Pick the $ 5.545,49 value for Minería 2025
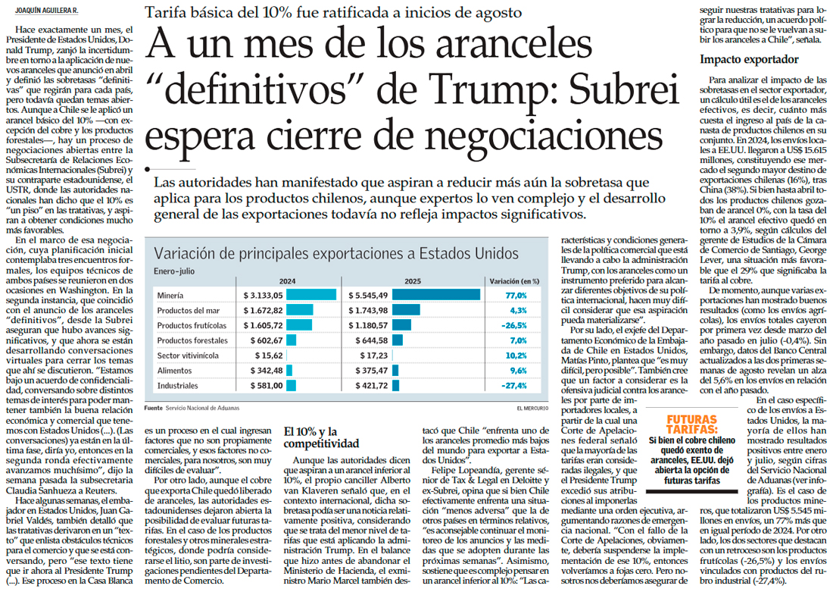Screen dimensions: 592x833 coord(370,295)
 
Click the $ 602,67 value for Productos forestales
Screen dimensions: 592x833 coord(264,340)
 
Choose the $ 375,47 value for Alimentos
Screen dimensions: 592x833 coord(370,371)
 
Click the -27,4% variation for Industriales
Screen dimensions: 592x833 coord(513,386)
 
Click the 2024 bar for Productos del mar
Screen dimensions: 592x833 coord(300,310)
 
